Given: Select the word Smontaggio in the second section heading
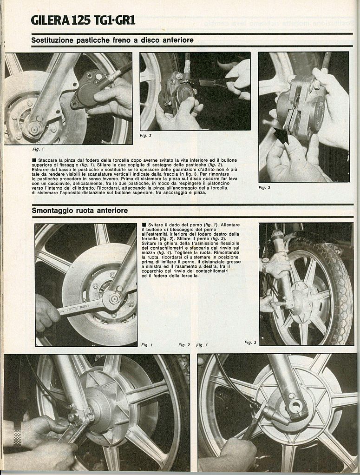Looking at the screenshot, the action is pyautogui.click(x=49, y=211).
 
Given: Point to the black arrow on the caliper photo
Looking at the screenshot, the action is pyautogui.click(x=281, y=136).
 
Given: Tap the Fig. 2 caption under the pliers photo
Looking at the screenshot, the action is pyautogui.click(x=146, y=135).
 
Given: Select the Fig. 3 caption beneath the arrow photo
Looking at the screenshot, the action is pyautogui.click(x=264, y=187).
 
